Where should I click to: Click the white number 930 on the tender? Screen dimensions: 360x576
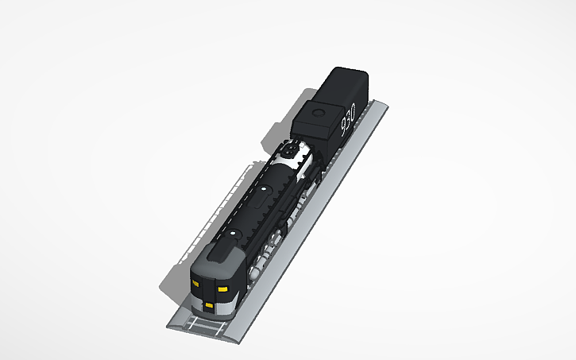347,122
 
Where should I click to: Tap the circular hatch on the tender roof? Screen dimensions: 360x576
320,113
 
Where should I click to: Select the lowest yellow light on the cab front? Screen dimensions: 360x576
209,304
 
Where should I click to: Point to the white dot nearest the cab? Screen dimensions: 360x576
234,234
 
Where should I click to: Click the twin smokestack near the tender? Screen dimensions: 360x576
291,150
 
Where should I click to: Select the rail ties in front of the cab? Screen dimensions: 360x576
205,323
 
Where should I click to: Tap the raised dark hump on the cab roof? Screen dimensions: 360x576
222,254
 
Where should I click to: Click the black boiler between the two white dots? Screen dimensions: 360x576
248,212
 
